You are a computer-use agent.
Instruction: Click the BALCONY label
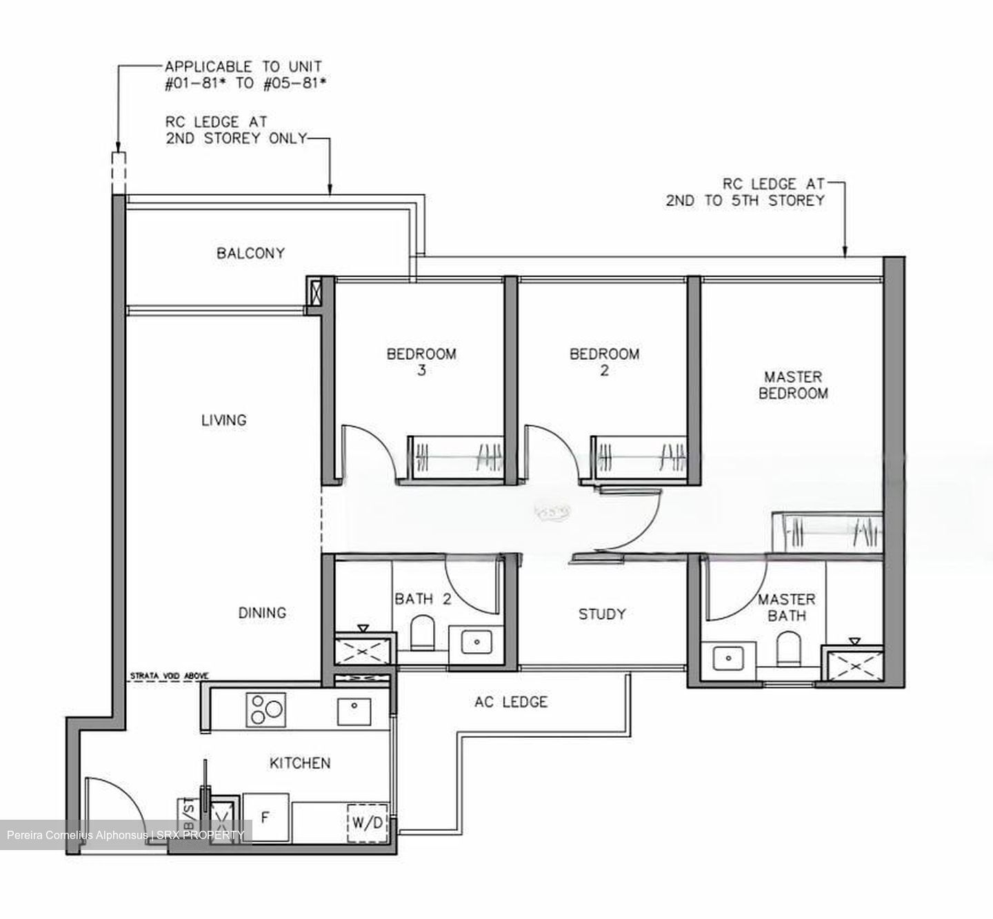point(250,253)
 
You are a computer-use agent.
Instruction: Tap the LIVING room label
point(223,420)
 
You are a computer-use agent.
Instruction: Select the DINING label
point(262,612)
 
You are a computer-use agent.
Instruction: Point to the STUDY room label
point(602,614)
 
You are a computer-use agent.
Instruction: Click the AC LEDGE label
point(511,702)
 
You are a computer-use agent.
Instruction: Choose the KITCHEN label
point(300,763)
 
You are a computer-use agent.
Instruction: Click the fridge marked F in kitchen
point(265,817)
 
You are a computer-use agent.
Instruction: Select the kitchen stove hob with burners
point(265,709)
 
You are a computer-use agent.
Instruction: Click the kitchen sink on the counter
point(354,710)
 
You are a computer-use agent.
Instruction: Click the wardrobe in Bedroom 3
point(456,457)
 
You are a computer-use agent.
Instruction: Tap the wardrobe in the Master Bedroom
point(826,532)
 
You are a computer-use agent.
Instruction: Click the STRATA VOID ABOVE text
point(169,676)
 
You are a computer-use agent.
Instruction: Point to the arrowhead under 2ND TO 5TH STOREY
point(845,252)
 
